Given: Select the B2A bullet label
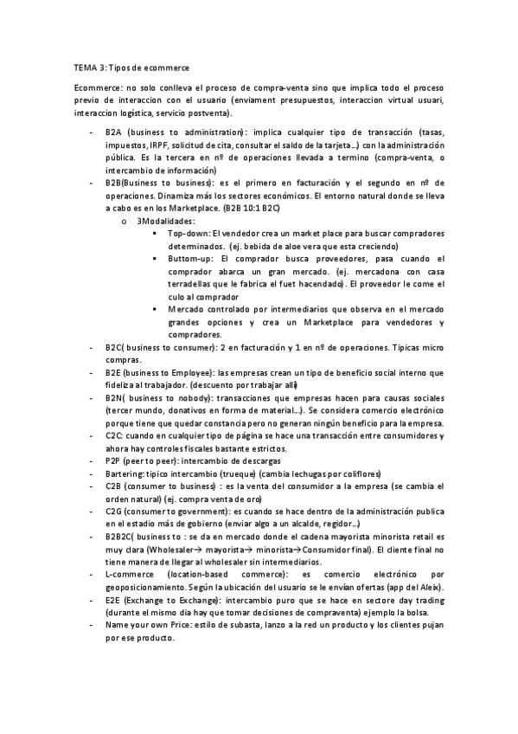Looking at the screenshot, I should point(114,132).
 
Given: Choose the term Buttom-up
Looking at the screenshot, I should point(189,259).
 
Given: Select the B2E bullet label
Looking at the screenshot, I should point(114,372).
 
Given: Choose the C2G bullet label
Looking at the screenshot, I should point(114,512).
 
